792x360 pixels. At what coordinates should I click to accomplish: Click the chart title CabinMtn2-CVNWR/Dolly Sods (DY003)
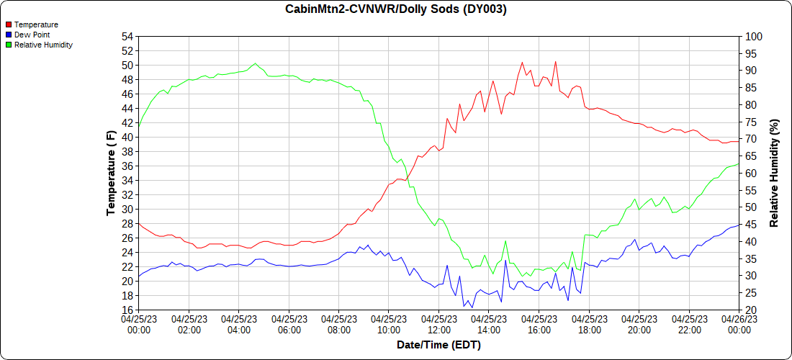395,9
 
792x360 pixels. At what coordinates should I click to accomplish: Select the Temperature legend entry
36,24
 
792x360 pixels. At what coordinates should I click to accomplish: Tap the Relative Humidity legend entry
43,45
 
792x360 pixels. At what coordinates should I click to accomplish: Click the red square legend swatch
8,24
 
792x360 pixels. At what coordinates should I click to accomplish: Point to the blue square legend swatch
8,35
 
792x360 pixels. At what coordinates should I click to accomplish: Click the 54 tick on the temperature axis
128,37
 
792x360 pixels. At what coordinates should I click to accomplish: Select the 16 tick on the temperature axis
128,310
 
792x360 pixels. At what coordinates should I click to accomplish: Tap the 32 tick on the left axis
128,195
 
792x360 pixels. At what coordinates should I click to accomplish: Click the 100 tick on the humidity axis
754,37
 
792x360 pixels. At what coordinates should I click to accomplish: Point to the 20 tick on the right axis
751,310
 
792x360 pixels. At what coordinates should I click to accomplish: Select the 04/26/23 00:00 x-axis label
739,325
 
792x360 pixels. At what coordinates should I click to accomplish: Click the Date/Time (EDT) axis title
438,345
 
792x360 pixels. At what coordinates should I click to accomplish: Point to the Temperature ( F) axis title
111,173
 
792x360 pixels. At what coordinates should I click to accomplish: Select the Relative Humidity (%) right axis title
775,173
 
